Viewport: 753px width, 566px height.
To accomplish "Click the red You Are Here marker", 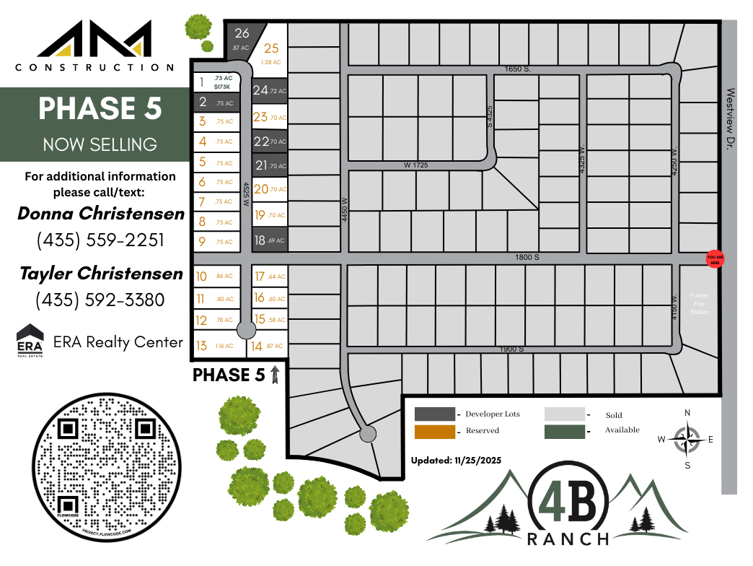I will pos(714,260).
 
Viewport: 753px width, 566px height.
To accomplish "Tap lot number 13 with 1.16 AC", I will pos(213,346).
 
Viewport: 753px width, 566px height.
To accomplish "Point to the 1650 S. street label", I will pos(517,69).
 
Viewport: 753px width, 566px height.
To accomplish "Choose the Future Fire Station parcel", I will pos(699,303).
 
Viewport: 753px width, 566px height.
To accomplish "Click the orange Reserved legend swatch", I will pos(435,431).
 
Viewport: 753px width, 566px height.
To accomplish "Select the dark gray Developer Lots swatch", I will pos(435,414).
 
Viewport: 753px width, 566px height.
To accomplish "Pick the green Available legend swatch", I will pos(564,431).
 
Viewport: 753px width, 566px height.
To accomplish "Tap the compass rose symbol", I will pos(687,438).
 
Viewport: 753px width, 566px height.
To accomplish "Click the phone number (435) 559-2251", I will pos(100,240).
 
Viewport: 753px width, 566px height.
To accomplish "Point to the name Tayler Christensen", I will pos(101,274).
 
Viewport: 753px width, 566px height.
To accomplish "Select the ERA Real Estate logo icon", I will pos(30,341).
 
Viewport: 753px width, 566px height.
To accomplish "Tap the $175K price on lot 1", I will pos(223,87).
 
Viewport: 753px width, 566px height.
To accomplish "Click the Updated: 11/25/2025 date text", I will pos(456,460).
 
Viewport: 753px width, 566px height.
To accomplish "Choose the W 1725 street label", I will pos(415,165).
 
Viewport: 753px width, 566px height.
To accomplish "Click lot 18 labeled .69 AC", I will pos(270,240).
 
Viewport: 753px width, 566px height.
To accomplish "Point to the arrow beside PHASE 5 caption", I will pos(274,374).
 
